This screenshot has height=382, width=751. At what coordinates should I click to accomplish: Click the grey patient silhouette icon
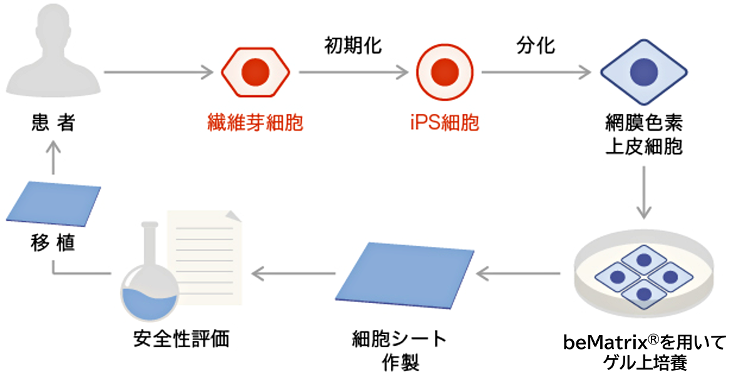tap(53, 53)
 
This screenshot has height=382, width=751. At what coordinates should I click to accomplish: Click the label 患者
tap(53, 122)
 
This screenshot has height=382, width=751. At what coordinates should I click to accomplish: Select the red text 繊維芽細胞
tap(255, 123)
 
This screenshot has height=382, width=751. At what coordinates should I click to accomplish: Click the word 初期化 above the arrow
tap(353, 45)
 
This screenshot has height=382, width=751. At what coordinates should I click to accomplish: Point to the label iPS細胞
tap(444, 123)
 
